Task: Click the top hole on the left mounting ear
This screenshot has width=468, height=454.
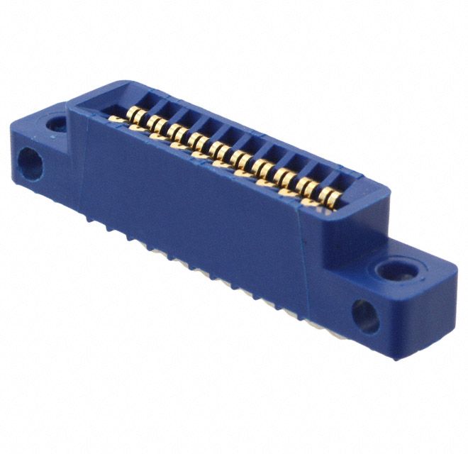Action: [x=56, y=126]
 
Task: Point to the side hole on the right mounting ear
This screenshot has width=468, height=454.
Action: [x=365, y=316]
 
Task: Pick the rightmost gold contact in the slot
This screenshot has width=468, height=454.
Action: [x=327, y=195]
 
